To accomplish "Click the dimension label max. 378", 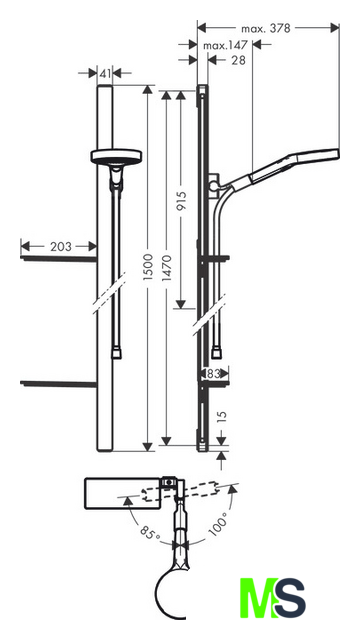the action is (266, 28).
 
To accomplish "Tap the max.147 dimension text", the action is (226, 45).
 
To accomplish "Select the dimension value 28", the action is (238, 60).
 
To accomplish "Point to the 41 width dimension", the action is (105, 73).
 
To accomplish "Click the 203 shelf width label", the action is (60, 247).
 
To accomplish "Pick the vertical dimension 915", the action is (182, 200).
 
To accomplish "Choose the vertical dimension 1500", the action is (148, 267).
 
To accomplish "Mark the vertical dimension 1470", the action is (167, 268).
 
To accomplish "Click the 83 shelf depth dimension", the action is (214, 373).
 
